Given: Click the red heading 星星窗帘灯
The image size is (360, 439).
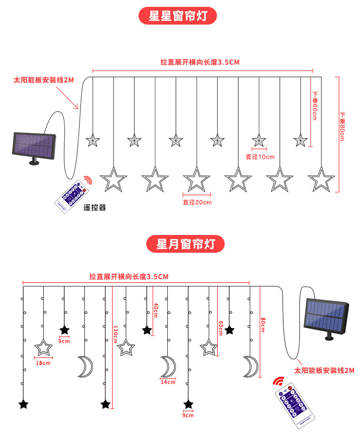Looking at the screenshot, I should coord(177,16).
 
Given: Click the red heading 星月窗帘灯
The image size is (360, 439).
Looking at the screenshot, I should coord(185,244).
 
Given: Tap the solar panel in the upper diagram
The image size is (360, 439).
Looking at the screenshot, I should coord(34,146).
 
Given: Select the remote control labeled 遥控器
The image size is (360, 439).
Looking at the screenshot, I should coord(72,195).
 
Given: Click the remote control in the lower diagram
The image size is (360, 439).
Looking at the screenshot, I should coord(294,401).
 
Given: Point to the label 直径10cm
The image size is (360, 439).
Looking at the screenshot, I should coord(260,157).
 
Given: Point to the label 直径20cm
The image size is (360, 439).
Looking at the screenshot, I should coord(197,202).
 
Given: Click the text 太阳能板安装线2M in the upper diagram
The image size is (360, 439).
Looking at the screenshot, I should coord(44,80).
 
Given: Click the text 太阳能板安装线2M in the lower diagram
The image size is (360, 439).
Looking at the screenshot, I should coord(324,371).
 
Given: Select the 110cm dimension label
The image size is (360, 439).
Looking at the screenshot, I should coord(115,335).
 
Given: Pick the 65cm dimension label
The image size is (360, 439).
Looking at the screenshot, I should coord(221,327).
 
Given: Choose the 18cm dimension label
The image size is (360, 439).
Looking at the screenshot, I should coord(44,363).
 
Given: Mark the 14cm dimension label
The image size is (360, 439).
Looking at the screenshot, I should coord(168,382).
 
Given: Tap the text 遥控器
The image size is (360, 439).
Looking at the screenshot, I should coord(95,208).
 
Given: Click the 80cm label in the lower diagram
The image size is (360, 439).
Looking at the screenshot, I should coord(262,324).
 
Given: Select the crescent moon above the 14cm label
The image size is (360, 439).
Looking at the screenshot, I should coord(168,367).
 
